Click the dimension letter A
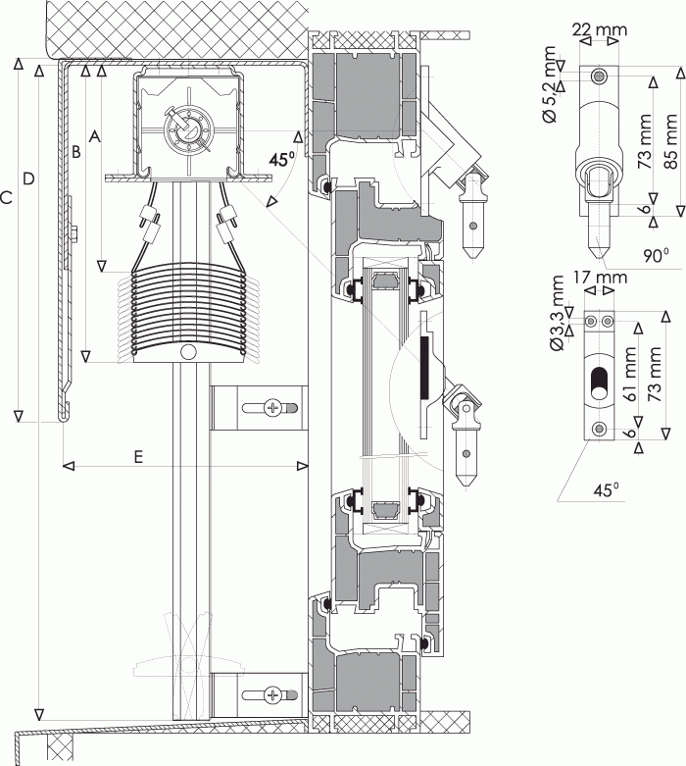[95, 136]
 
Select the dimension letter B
[75, 152]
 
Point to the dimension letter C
[6, 198]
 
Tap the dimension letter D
[28, 179]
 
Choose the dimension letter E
[138, 457]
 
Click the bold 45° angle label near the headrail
[282, 159]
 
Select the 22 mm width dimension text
[600, 29]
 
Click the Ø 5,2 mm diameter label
[549, 84]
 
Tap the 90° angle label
[656, 255]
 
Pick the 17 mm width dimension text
[600, 278]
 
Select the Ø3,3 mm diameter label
[557, 313]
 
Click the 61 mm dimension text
[632, 374]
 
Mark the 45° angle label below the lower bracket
[607, 489]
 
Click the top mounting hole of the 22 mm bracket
[599, 77]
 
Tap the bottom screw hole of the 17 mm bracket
[599, 429]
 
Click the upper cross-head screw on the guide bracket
[272, 407]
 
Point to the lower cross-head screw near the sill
[272, 693]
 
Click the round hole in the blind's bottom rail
[188, 352]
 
